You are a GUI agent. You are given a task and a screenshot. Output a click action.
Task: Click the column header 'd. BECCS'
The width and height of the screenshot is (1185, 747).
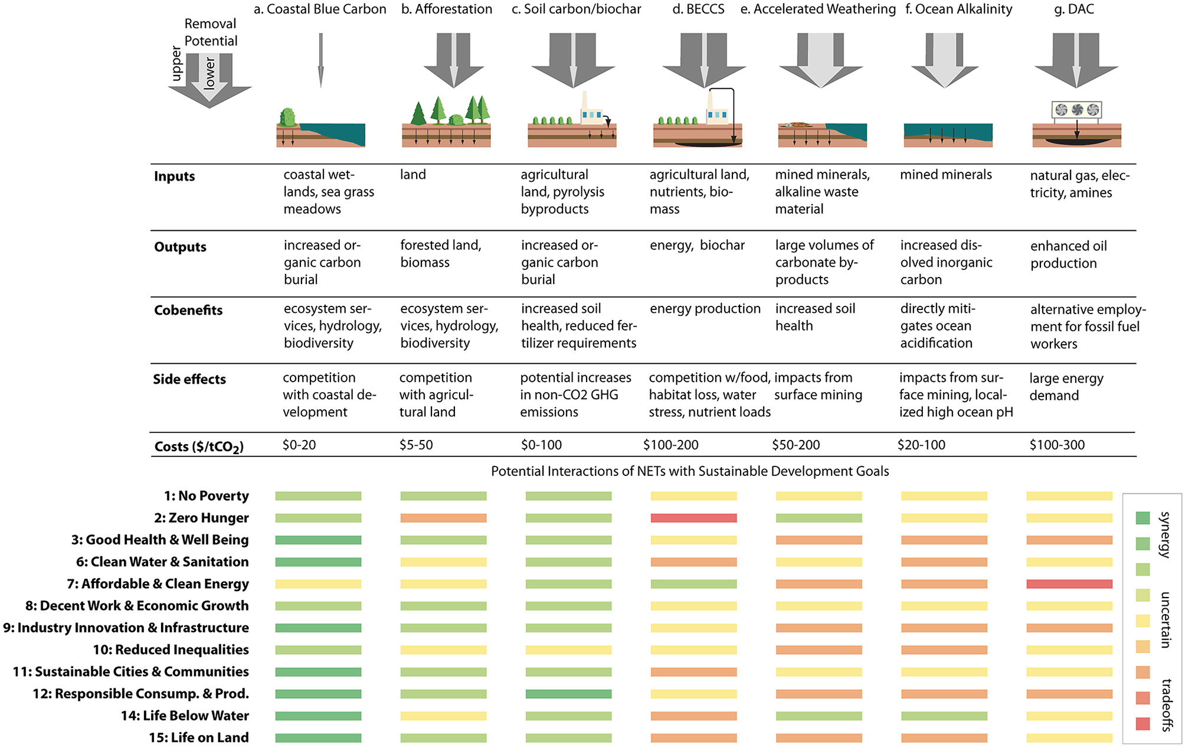coord(698,9)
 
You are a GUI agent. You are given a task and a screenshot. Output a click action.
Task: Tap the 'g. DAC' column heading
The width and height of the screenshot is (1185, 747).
coord(1074,9)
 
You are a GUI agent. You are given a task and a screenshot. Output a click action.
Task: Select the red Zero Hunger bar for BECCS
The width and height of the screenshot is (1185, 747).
coord(693,518)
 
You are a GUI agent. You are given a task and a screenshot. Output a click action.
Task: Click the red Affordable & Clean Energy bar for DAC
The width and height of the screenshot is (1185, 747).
coord(1069,584)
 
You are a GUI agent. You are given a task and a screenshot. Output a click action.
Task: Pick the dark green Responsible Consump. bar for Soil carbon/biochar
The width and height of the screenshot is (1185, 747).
coord(568,694)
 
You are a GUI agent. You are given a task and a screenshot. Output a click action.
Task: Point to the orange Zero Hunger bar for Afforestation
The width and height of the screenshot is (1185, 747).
coord(443,518)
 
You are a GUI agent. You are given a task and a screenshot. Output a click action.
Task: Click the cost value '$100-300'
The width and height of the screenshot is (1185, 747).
coord(1057,445)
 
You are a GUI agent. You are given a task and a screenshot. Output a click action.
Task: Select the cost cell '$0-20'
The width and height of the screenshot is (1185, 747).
coord(299,445)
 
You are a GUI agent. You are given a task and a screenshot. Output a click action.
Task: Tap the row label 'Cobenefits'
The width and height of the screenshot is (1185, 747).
coord(188,310)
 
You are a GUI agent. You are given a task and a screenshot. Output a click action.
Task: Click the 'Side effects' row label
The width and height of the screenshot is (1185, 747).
coord(189,379)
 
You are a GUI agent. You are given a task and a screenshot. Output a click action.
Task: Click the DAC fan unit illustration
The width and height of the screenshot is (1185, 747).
coord(1077,110)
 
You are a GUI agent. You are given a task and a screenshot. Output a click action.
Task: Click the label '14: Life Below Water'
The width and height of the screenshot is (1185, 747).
coord(185,716)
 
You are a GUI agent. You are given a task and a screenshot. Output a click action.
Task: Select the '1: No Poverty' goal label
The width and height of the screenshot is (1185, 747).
coord(206,496)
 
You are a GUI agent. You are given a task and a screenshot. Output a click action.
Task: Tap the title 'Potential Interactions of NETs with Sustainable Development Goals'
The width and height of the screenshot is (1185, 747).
coord(690,471)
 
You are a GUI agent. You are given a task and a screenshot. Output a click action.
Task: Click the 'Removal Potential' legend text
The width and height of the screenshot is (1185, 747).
coord(210,32)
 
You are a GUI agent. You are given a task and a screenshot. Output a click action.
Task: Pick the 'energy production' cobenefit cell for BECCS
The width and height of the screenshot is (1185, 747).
coord(705,308)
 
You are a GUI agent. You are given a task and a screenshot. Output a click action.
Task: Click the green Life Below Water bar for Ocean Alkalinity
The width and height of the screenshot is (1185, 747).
coord(944,716)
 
